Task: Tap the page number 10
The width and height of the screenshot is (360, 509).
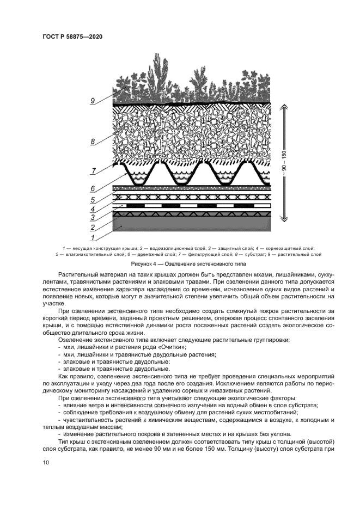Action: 45,463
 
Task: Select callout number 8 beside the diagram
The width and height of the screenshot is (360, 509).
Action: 93,142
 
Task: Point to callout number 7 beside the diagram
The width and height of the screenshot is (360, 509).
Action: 93,171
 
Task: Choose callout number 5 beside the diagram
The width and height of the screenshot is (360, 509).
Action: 93,199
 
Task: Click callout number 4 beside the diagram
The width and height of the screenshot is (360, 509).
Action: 93,208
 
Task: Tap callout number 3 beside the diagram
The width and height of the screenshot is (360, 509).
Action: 93,218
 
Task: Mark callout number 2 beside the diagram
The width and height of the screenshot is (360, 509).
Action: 93,228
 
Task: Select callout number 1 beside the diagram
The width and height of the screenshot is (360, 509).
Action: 93,237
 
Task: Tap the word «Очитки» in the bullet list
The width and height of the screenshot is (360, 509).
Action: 172,346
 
